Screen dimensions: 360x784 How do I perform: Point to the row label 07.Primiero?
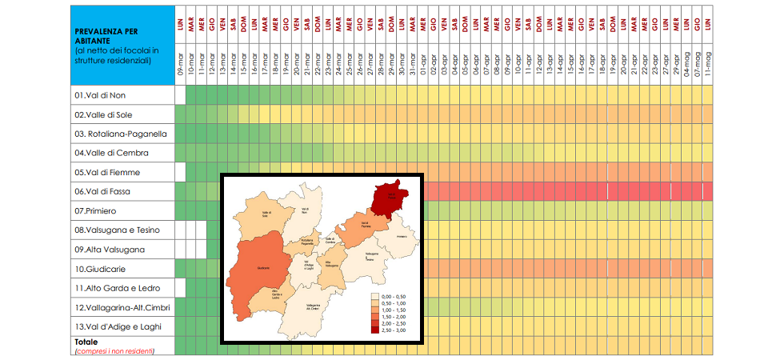click(97, 211)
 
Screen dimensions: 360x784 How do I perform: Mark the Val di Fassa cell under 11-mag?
click(707, 192)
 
